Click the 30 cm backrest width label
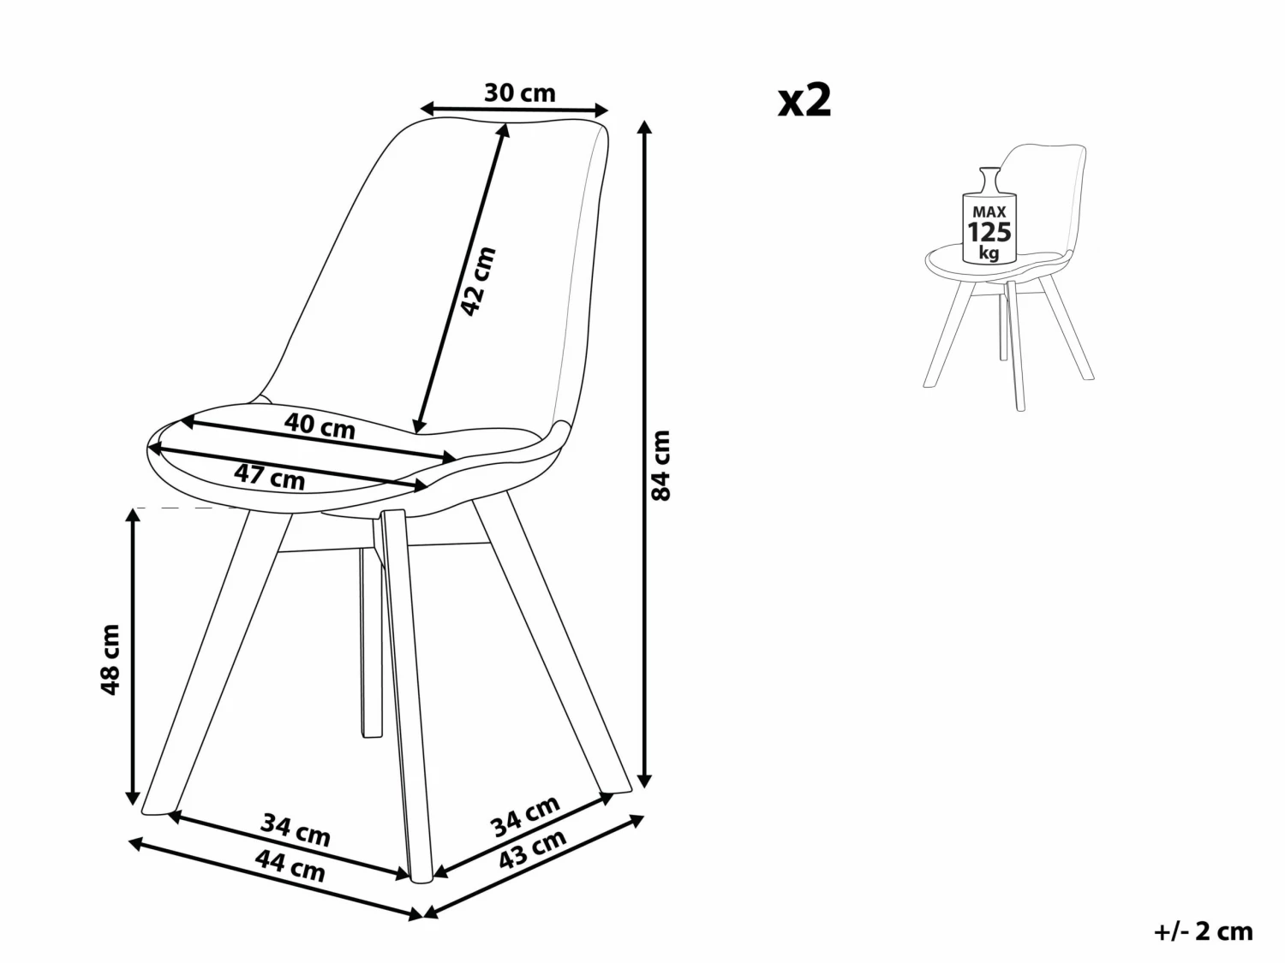519,92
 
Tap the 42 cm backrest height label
478,281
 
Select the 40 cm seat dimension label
320,426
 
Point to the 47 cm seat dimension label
270,475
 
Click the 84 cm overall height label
661,465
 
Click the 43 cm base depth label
533,849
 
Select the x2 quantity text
804,101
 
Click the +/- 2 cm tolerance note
1203,931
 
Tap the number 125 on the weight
989,232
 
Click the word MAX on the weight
989,211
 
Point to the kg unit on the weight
989,253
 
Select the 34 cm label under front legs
296,829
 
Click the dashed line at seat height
188,508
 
